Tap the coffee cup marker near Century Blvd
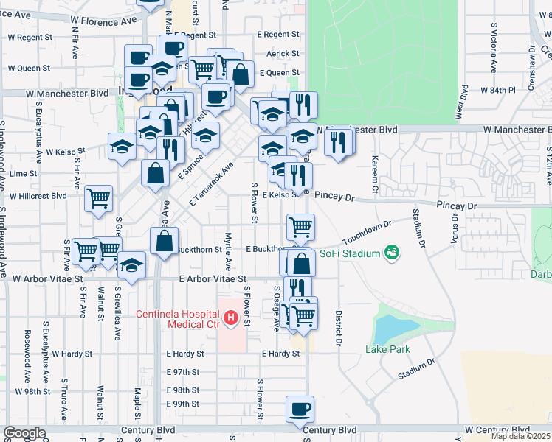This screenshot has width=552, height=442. (x=300, y=410)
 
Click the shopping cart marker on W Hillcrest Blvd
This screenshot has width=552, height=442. (x=99, y=198)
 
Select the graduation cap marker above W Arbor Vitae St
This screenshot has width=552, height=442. (x=131, y=266)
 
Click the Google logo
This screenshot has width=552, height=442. (x=24, y=433)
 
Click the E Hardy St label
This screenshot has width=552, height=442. (x=280, y=354)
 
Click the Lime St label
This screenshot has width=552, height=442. (x=23, y=174)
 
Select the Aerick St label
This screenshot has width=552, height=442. (x=283, y=53)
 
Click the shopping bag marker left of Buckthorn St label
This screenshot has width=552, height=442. (x=164, y=241)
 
